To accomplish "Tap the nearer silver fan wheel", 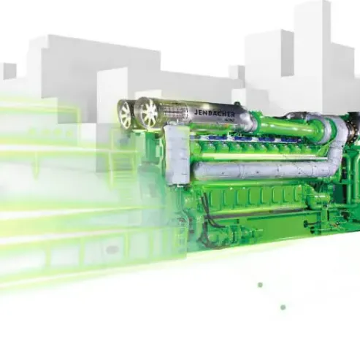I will (150, 113).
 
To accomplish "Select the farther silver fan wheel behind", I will (126, 114).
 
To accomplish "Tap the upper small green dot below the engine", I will (260, 285).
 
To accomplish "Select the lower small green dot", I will (283, 307).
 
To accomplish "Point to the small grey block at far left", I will (9, 71).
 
